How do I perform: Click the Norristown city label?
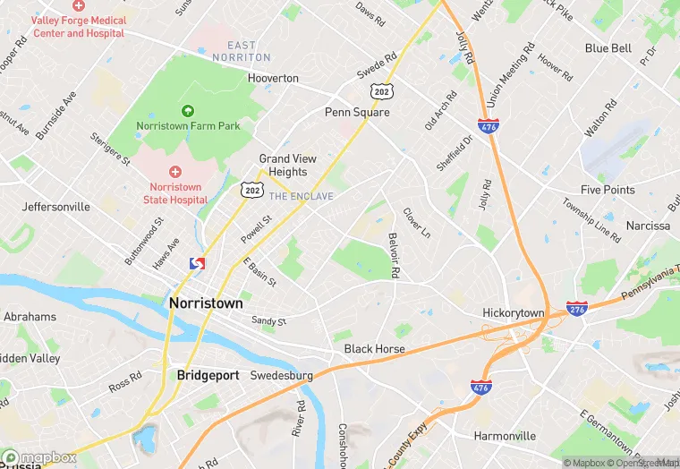pos(206,303)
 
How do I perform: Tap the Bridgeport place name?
pos(208,375)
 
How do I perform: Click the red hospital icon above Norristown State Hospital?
pos(175,170)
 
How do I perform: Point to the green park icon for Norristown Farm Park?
pos(187,110)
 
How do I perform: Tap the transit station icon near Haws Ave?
pos(198,264)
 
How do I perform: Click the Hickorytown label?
pos(514,312)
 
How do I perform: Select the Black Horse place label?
pos(374,348)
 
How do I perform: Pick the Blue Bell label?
pos(608,48)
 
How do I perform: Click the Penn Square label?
pos(356,113)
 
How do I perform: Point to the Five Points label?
pos(608,190)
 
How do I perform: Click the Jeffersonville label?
pos(56,206)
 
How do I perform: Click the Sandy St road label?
pos(268,320)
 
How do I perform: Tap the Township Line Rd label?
pos(591,220)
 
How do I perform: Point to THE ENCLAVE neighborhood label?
pos(301,196)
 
